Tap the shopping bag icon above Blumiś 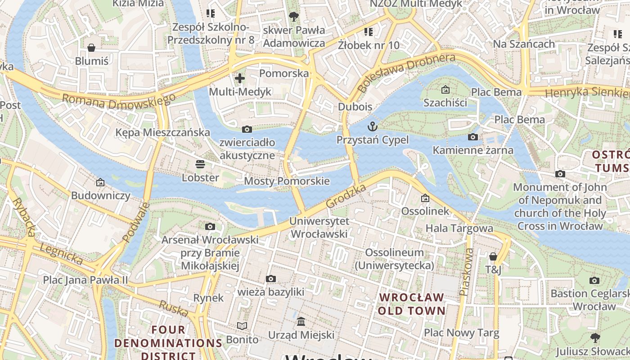coord(91,48)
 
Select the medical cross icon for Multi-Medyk coord(240,78)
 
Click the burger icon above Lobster coord(200,164)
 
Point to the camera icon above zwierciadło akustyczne coord(247,130)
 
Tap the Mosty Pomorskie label coord(287,181)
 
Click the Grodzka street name coord(346,196)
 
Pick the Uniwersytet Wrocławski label coord(319,228)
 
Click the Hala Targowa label coord(459,228)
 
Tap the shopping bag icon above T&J coord(493,256)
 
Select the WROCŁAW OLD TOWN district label coord(411,304)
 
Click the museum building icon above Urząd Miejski coord(301,322)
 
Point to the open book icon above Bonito coord(242,326)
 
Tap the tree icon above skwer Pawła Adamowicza coord(294,17)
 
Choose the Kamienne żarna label coord(473,150)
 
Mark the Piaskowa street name coord(467,272)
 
